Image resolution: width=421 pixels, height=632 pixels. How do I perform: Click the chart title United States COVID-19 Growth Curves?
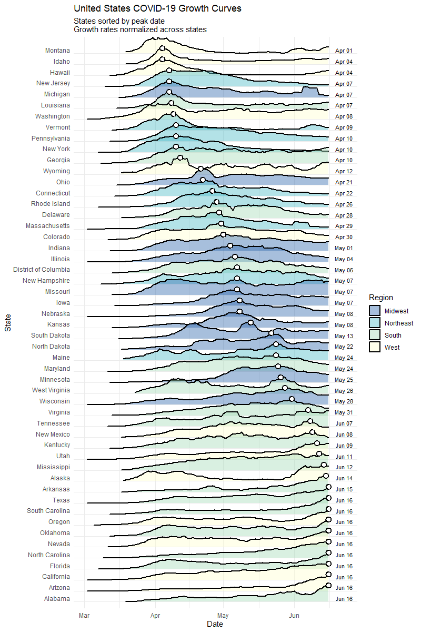tap(157, 8)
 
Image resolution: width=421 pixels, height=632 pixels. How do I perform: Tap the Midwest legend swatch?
tap(375, 311)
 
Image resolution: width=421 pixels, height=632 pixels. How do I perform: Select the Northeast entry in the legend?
tap(398, 323)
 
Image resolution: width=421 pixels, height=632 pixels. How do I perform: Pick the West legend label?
tap(392, 348)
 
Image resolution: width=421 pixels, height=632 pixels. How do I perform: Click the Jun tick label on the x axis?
tap(294, 615)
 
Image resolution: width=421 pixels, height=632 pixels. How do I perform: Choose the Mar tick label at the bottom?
tap(84, 615)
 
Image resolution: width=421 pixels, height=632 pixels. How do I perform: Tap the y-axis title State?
tap(8, 322)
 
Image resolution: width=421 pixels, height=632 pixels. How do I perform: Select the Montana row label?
tap(57, 51)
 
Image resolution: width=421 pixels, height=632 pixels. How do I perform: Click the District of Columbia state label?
tap(42, 270)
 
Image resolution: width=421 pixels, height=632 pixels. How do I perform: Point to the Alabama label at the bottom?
tap(57, 599)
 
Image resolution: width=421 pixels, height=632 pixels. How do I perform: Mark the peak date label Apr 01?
tap(344, 51)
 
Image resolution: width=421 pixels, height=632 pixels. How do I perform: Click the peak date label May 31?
tap(344, 412)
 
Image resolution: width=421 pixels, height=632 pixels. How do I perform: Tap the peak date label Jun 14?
tap(344, 478)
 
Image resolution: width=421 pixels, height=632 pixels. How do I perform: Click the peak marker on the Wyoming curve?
tap(201, 169)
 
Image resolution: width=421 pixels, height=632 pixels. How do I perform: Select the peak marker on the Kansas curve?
tap(250, 322)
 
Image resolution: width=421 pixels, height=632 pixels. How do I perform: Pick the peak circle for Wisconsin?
tap(292, 399)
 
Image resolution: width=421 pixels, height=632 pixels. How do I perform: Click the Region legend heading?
tap(381, 298)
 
